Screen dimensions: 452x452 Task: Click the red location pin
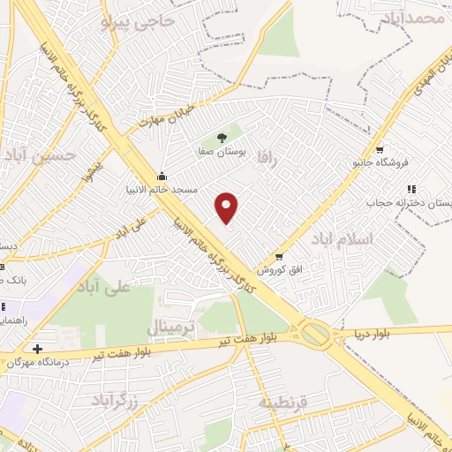[x=228, y=207]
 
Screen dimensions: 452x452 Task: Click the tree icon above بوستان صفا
[x=221, y=137]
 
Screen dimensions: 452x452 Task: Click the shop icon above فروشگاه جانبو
[x=380, y=149]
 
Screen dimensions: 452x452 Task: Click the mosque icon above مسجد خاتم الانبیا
[x=162, y=175]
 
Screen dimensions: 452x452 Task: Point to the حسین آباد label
[x=41, y=156]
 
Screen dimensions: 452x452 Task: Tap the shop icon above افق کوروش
[x=279, y=256]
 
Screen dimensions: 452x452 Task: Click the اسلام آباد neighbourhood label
[x=343, y=239]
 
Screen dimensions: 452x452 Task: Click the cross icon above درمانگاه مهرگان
[x=36, y=349]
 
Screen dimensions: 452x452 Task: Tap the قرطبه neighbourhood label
[x=282, y=402]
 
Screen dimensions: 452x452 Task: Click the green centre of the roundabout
[x=313, y=334]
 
